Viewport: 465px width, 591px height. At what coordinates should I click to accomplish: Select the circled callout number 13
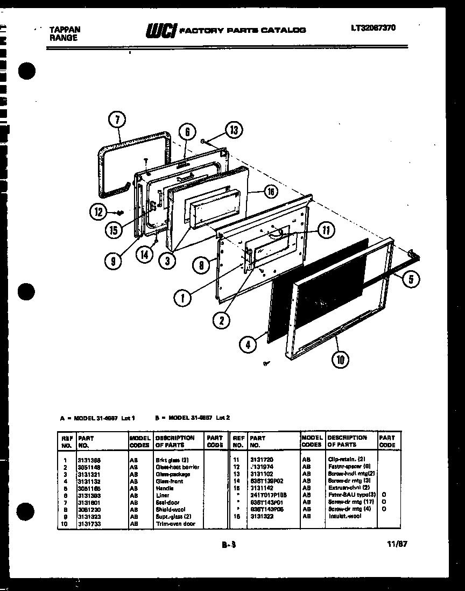click(x=233, y=130)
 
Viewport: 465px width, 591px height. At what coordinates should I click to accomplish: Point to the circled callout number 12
click(x=97, y=212)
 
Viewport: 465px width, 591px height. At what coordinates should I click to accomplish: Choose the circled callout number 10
click(x=340, y=359)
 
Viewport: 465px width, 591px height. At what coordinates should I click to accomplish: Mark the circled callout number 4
click(x=248, y=344)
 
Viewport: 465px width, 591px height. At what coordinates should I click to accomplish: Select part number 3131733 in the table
click(x=89, y=524)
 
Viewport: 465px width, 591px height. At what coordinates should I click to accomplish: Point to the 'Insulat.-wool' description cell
click(x=344, y=516)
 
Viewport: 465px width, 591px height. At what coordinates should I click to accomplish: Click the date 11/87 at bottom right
click(x=397, y=544)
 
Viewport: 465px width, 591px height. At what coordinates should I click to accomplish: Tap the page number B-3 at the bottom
click(x=229, y=545)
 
